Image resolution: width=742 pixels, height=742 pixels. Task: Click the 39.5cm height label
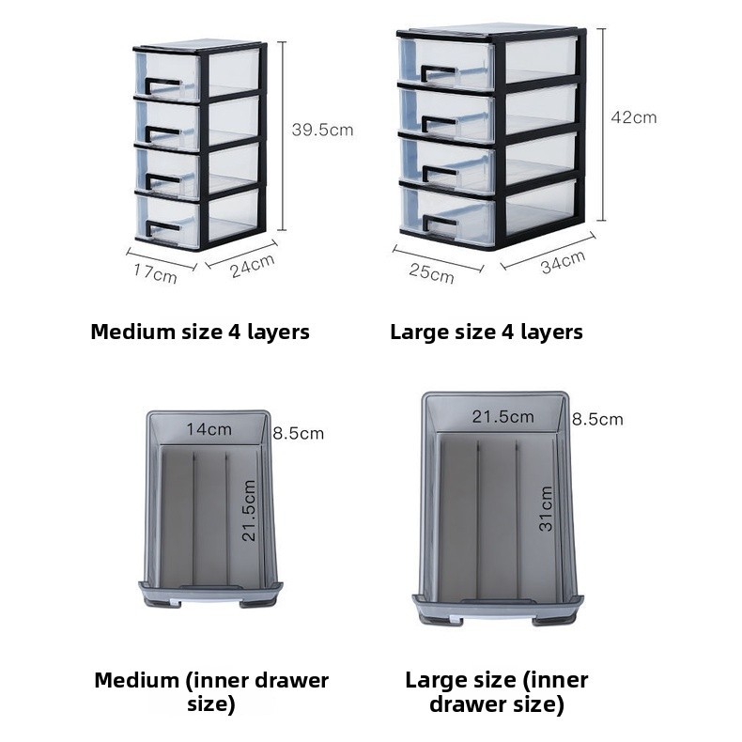pyautogui.click(x=321, y=131)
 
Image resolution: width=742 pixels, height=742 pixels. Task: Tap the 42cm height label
pyautogui.click(x=633, y=117)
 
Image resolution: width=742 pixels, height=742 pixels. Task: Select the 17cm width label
pyautogui.click(x=155, y=273)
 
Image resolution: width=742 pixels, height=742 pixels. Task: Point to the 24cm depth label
pyautogui.click(x=252, y=266)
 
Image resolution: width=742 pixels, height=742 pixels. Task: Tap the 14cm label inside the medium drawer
pyautogui.click(x=208, y=430)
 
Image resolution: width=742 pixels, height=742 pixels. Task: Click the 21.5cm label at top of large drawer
pyautogui.click(x=502, y=416)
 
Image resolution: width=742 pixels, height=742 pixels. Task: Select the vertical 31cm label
pyautogui.click(x=546, y=509)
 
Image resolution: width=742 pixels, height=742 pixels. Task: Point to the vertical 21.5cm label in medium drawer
pyautogui.click(x=250, y=510)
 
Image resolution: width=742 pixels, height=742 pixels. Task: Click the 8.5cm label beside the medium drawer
pyautogui.click(x=298, y=433)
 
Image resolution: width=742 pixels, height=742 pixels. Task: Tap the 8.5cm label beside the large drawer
pyautogui.click(x=596, y=419)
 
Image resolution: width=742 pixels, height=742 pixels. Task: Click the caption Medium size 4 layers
pyautogui.click(x=200, y=332)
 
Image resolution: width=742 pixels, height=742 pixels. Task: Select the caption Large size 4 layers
pyautogui.click(x=487, y=332)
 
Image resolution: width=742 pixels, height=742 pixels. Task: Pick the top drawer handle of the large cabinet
pyautogui.click(x=438, y=74)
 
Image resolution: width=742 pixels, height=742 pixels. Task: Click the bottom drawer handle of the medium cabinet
pyautogui.click(x=162, y=226)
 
